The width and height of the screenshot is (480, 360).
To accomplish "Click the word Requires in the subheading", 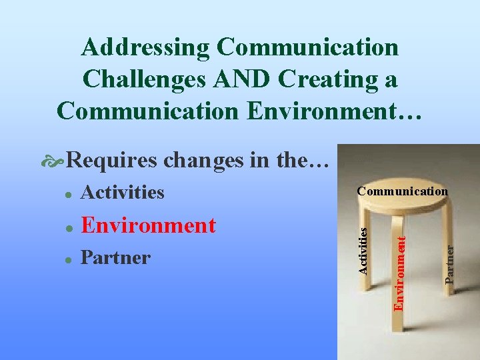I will pyautogui.click(x=113, y=160).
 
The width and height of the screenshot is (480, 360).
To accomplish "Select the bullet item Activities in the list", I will pyautogui.click(x=122, y=192).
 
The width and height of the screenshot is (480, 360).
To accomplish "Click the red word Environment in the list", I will pyautogui.click(x=148, y=225).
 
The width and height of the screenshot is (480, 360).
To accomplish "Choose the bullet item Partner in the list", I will pyautogui.click(x=115, y=257).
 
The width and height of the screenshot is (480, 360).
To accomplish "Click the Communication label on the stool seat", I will pyautogui.click(x=402, y=191).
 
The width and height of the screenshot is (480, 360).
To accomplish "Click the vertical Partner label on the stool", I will pyautogui.click(x=451, y=264).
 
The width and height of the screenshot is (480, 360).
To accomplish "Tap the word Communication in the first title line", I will pyautogui.click(x=308, y=47).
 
